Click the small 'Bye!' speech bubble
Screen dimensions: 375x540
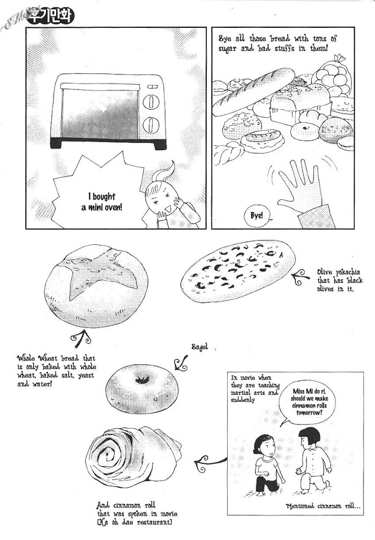[x=257, y=216]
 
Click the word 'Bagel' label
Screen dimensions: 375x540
[x=200, y=347]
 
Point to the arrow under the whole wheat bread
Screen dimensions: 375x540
[x=81, y=339]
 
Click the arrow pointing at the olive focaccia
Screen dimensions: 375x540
[x=301, y=276]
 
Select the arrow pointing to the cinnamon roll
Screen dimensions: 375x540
[x=210, y=461]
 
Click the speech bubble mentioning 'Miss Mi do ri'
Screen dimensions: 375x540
[x=307, y=400]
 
